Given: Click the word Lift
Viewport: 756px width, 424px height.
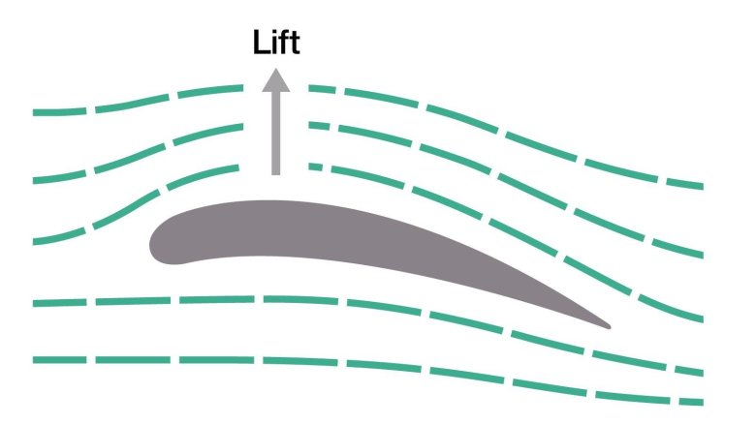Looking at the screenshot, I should pyautogui.click(x=276, y=43).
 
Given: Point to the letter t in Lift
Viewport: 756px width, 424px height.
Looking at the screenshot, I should pyautogui.click(x=295, y=43).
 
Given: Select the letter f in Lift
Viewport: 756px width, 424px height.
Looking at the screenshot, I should pyautogui.click(x=284, y=43).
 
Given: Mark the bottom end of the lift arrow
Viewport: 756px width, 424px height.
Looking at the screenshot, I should pyautogui.click(x=276, y=173).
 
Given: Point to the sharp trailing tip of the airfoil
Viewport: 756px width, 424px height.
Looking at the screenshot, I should pyautogui.click(x=606, y=325).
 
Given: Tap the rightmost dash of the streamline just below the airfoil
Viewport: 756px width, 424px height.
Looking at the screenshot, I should pyautogui.click(x=683, y=369).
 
